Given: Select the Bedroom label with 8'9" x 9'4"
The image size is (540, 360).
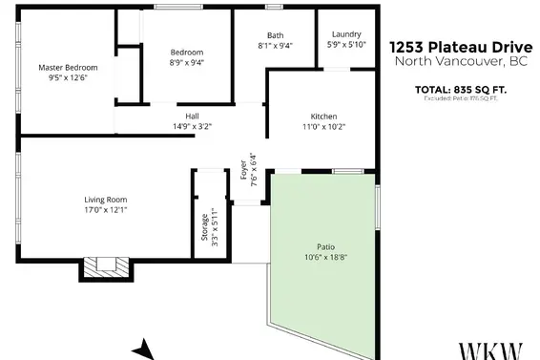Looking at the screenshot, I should (187, 53).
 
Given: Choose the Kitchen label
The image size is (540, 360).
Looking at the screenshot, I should (324, 116).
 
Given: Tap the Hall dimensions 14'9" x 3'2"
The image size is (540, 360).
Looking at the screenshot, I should (192, 125).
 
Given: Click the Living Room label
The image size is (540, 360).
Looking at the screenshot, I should (105, 199).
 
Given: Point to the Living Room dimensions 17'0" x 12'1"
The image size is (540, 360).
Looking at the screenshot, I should (105, 210).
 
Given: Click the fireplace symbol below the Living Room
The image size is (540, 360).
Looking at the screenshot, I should (102, 268).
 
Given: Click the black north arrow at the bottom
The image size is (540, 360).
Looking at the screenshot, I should (143, 349).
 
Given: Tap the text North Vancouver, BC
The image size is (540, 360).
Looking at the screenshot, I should (460, 61).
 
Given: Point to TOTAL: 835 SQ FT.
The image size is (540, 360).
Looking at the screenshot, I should (460, 90).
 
